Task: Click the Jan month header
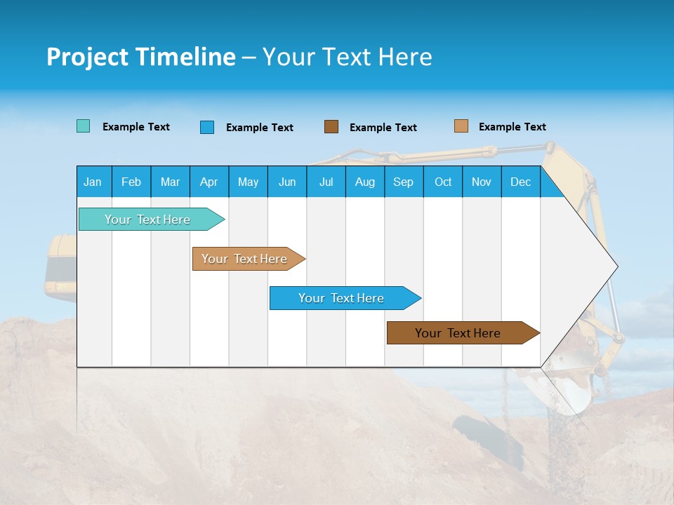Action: pyautogui.click(x=93, y=182)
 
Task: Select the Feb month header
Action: pyautogui.click(x=131, y=182)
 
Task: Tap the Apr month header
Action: pyautogui.click(x=209, y=182)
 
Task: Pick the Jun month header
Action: pyautogui.click(x=287, y=182)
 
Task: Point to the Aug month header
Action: pyautogui.click(x=364, y=182)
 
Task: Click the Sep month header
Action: pyautogui.click(x=403, y=182)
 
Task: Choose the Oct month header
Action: pyautogui.click(x=443, y=182)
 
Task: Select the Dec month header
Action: pyautogui.click(x=520, y=182)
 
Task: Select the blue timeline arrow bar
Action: pyautogui.click(x=342, y=298)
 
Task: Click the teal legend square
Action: pyautogui.click(x=84, y=126)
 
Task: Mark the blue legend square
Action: pyautogui.click(x=207, y=127)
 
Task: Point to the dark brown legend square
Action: pyautogui.click(x=331, y=127)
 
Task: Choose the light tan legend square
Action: pyautogui.click(x=461, y=126)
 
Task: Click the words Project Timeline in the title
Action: pyautogui.click(x=140, y=57)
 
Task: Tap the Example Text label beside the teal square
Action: pyautogui.click(x=136, y=127)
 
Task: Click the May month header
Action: pyautogui.click(x=248, y=182)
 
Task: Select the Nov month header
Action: pyautogui.click(x=482, y=182)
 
